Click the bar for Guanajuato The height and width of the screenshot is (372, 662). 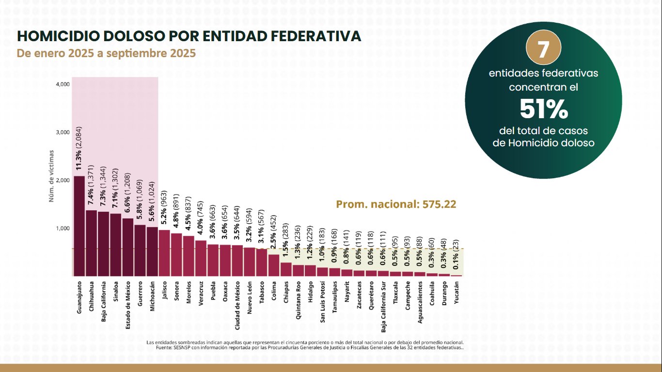point(79,226)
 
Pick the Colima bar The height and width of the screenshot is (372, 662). point(274,265)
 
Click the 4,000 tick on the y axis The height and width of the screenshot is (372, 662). point(63,84)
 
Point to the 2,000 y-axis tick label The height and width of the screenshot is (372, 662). point(63,180)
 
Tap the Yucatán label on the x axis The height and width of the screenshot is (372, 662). point(457,293)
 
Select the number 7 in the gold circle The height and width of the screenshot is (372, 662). point(543,50)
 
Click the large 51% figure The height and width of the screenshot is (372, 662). point(543,109)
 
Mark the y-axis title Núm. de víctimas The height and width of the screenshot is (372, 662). point(51,175)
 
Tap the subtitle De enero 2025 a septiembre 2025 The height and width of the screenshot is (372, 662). point(106,53)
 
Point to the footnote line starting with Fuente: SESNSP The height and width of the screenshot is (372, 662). point(310,347)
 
